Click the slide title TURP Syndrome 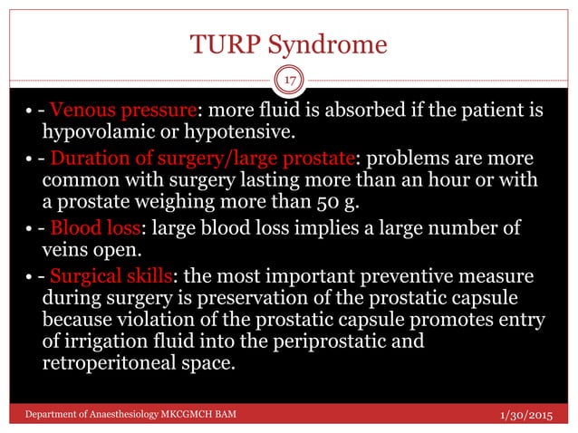coord(288,45)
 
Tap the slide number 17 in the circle coord(288,80)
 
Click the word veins coord(63,249)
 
